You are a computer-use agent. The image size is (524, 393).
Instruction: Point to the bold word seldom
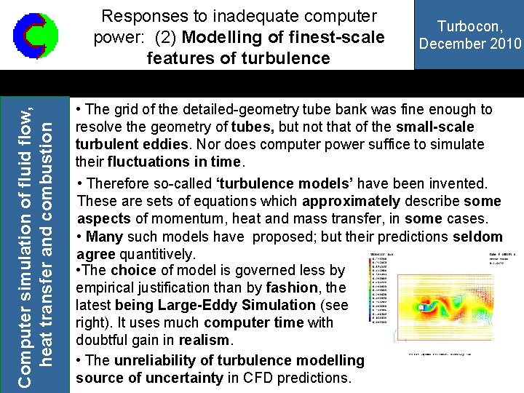[477, 237]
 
